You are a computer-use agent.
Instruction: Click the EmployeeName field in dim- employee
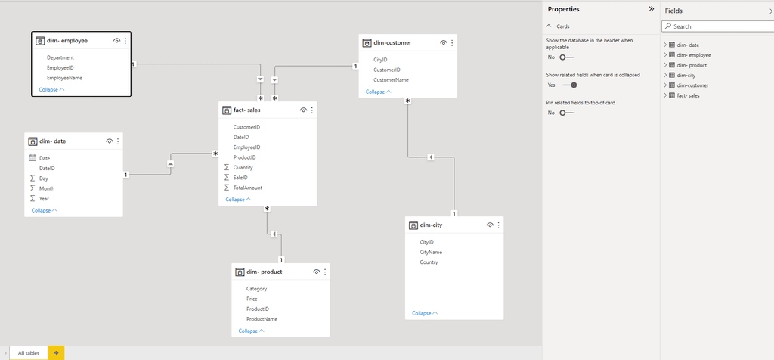pyautogui.click(x=64, y=78)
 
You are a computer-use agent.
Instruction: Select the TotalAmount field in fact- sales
pyautogui.click(x=247, y=188)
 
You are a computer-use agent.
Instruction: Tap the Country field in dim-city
pyautogui.click(x=429, y=262)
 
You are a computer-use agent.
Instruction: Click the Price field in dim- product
pyautogui.click(x=252, y=299)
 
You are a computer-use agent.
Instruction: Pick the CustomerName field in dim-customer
pyautogui.click(x=391, y=80)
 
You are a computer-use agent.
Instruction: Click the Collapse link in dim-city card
pyautogui.click(x=425, y=313)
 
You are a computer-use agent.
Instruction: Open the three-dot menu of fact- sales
pyautogui.click(x=312, y=110)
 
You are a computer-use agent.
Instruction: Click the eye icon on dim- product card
pyautogui.click(x=317, y=272)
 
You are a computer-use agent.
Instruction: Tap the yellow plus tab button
pyautogui.click(x=56, y=353)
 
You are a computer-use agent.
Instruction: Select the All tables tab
pyautogui.click(x=29, y=353)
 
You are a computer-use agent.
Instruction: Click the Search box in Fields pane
pyautogui.click(x=718, y=26)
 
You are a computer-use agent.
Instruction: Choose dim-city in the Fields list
pyautogui.click(x=686, y=75)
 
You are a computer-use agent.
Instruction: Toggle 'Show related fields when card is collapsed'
pyautogui.click(x=570, y=85)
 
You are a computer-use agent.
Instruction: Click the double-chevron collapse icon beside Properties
pyautogui.click(x=651, y=9)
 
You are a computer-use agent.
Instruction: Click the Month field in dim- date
pyautogui.click(x=47, y=188)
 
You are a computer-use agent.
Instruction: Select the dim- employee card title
pyautogui.click(x=67, y=41)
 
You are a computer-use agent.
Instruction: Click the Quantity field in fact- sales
pyautogui.click(x=243, y=167)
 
